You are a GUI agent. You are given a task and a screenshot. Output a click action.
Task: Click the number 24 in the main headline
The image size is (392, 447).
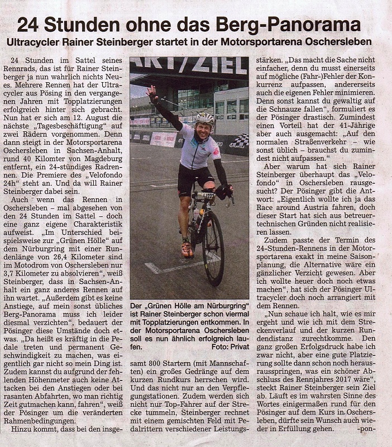(x=27, y=25)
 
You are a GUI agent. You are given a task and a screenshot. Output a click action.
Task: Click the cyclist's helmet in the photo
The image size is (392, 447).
(x=205, y=118)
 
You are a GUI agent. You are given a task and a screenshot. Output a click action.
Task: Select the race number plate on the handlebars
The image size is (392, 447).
(x=205, y=196)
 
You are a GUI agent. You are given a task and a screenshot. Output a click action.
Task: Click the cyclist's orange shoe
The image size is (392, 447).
(x=187, y=249)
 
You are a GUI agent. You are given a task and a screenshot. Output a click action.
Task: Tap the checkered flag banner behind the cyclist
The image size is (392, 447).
(x=239, y=141)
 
